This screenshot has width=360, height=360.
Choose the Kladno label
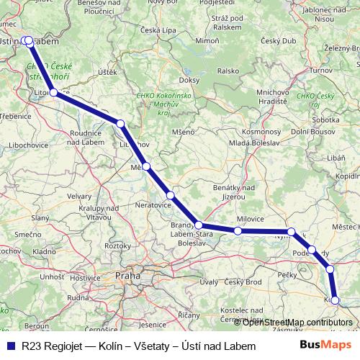pos(44,252)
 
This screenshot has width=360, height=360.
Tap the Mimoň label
pos(207,42)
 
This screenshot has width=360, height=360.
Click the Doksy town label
pos(189,80)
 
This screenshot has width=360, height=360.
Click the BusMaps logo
pos(328,346)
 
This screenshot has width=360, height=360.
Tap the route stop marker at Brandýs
pos(198,225)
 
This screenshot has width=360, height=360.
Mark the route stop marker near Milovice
pos(238,230)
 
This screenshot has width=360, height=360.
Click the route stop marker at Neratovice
pos(171,195)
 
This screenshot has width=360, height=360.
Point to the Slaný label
pos(24,215)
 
